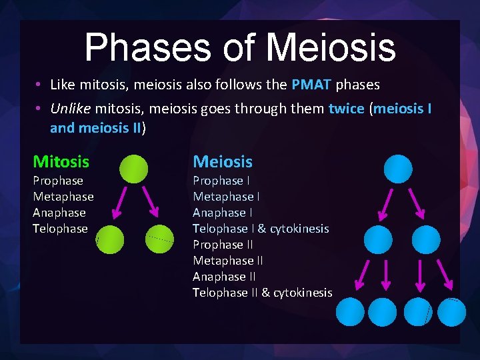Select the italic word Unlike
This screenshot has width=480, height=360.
click(71, 108)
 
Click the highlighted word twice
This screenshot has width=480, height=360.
click(347, 108)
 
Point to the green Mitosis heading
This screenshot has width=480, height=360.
click(61, 161)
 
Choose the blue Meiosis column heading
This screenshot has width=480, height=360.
click(223, 161)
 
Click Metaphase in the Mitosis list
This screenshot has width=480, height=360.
click(63, 197)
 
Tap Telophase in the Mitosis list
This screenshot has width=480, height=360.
click(60, 229)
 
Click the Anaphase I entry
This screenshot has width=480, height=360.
click(223, 213)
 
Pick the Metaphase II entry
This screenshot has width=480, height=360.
click(228, 261)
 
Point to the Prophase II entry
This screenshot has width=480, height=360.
click(223, 245)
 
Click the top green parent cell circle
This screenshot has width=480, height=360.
click(134, 169)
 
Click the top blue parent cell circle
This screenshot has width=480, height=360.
click(398, 169)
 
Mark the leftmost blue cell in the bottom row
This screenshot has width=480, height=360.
click(351, 311)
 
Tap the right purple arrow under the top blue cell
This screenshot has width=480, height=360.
click(417, 203)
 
